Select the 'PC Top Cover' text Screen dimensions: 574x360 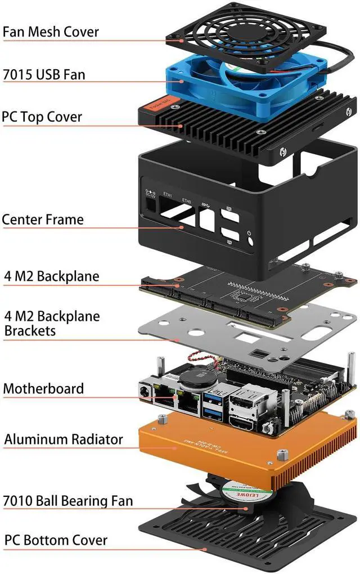[x=42, y=117]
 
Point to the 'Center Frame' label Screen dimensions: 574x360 [x=43, y=219]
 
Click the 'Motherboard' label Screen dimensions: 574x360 [x=43, y=388]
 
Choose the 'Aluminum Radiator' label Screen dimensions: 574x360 [x=64, y=439]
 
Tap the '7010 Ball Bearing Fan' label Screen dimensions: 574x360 [x=67, y=500]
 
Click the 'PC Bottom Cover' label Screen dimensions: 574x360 [x=56, y=540]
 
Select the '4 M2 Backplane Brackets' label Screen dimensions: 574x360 [x=52, y=324]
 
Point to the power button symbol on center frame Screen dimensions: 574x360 [x=249, y=235]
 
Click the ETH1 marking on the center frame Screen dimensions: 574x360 [x=168, y=194]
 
